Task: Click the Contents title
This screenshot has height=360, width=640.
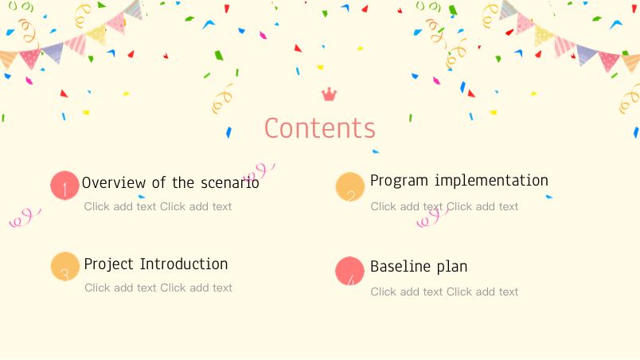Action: pyautogui.click(x=319, y=128)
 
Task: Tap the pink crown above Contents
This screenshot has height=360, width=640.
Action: pyautogui.click(x=329, y=95)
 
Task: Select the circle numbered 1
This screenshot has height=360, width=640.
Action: pyautogui.click(x=64, y=186)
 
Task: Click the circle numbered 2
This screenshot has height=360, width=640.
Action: pyautogui.click(x=349, y=186)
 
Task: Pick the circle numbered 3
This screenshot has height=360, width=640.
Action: pyautogui.click(x=65, y=267)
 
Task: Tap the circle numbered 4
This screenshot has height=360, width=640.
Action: pyautogui.click(x=349, y=271)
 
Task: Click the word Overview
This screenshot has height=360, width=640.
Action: pyautogui.click(x=114, y=183)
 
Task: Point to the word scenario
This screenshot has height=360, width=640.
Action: pyautogui.click(x=230, y=183)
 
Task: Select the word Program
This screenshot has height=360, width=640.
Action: pyautogui.click(x=399, y=181)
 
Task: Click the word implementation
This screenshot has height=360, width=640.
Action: pyautogui.click(x=491, y=180)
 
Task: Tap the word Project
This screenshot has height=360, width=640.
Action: pyautogui.click(x=108, y=264)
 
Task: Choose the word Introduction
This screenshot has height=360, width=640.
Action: pyautogui.click(x=184, y=264)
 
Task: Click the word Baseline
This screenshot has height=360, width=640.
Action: pyautogui.click(x=400, y=266)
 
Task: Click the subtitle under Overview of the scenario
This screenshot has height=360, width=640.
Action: pyautogui.click(x=158, y=206)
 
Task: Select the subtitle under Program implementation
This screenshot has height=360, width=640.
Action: pyautogui.click(x=444, y=206)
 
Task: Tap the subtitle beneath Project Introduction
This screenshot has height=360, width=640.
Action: pyautogui.click(x=158, y=288)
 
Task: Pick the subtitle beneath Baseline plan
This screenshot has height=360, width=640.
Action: pyautogui.click(x=444, y=292)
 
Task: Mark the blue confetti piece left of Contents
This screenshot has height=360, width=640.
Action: pyautogui.click(x=228, y=132)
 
